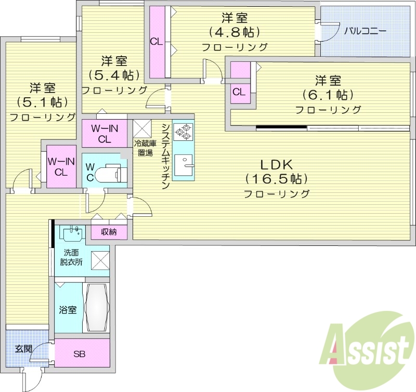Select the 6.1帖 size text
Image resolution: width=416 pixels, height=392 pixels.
[328, 95]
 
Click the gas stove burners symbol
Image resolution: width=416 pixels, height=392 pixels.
[183, 132]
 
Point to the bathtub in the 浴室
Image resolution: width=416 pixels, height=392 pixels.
[96, 307]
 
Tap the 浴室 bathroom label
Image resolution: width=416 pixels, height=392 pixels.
[68, 310]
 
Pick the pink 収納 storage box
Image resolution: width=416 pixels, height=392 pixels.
[109, 231]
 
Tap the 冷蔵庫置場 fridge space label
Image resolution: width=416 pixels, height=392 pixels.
[145, 148]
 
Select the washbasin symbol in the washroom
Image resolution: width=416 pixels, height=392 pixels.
[71, 233]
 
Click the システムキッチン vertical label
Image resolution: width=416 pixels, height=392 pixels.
[165, 156]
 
